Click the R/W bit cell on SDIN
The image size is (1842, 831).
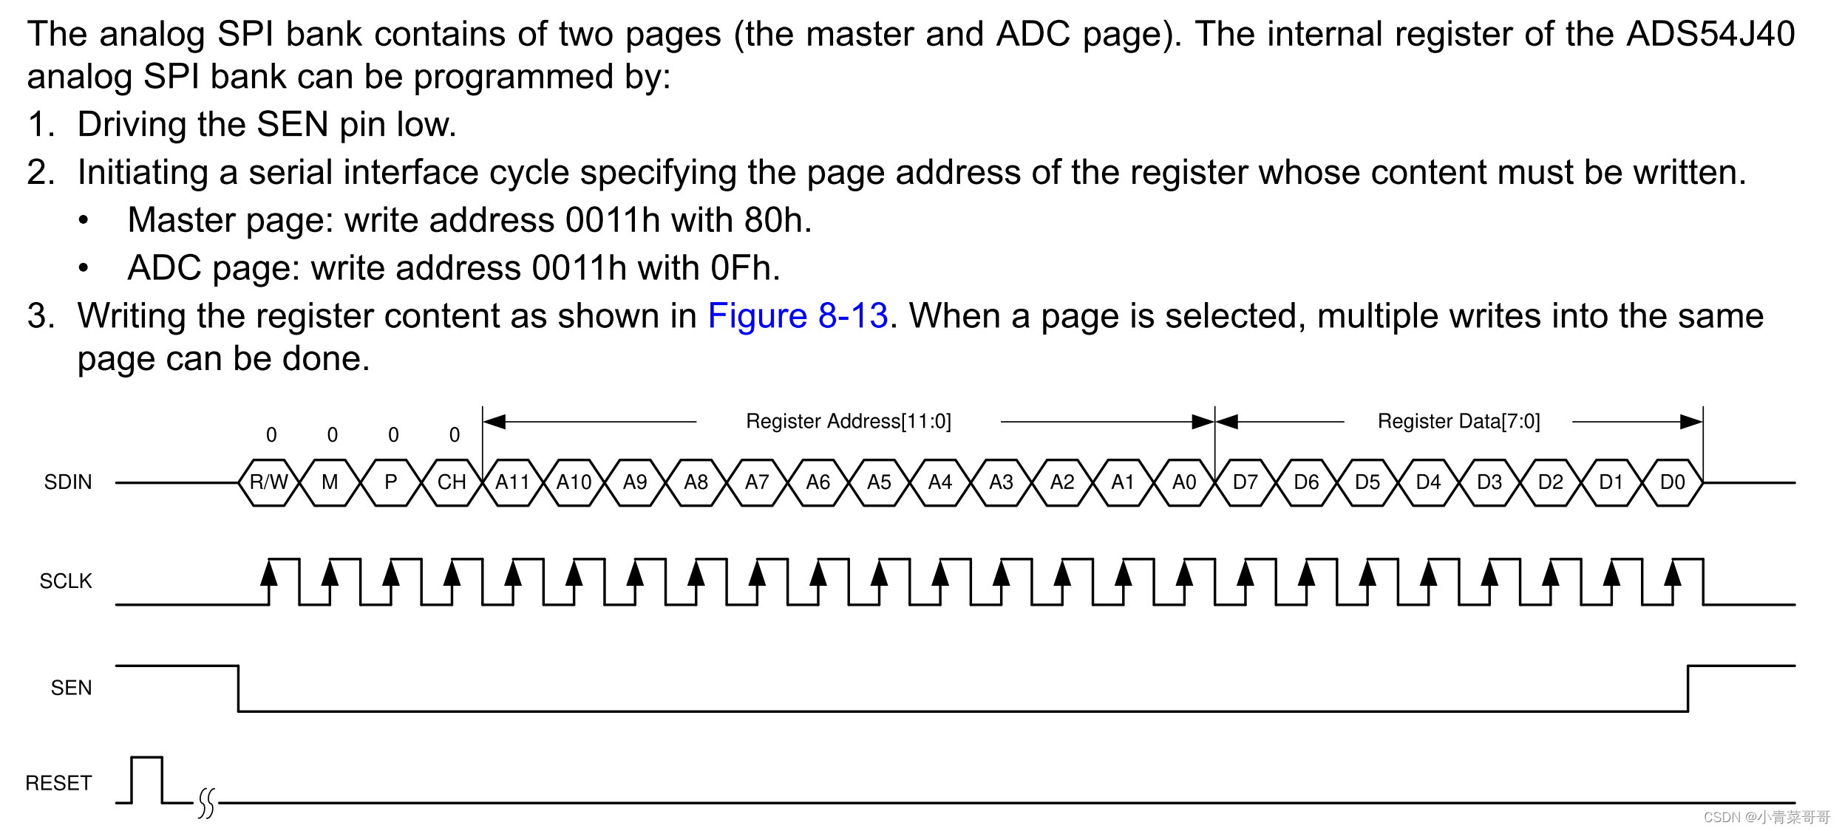pyautogui.click(x=268, y=482)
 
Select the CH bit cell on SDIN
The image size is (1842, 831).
pyautogui.click(x=452, y=482)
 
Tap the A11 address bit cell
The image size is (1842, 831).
pyautogui.click(x=513, y=482)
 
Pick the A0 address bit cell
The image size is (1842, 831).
pyautogui.click(x=1184, y=482)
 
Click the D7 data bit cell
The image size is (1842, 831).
pyautogui.click(x=1245, y=482)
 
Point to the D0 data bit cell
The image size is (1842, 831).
pyautogui.click(x=1672, y=482)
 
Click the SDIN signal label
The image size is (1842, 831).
pyautogui.click(x=68, y=482)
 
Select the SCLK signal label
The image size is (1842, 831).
pyautogui.click(x=66, y=581)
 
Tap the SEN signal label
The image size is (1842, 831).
pyautogui.click(x=71, y=688)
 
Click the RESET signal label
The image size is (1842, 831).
pyautogui.click(x=58, y=783)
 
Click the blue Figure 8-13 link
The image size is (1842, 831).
pyautogui.click(x=798, y=316)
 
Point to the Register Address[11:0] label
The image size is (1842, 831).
pyautogui.click(x=848, y=421)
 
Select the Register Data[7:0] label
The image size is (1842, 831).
pyautogui.click(x=1458, y=421)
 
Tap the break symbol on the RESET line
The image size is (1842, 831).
pyautogui.click(x=206, y=803)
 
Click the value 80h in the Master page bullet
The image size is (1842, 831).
pyautogui.click(x=774, y=220)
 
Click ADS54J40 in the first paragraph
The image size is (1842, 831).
pyautogui.click(x=1710, y=34)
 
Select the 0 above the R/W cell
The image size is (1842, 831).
pyautogui.click(x=271, y=435)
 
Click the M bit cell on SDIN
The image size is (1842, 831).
pyautogui.click(x=330, y=482)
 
